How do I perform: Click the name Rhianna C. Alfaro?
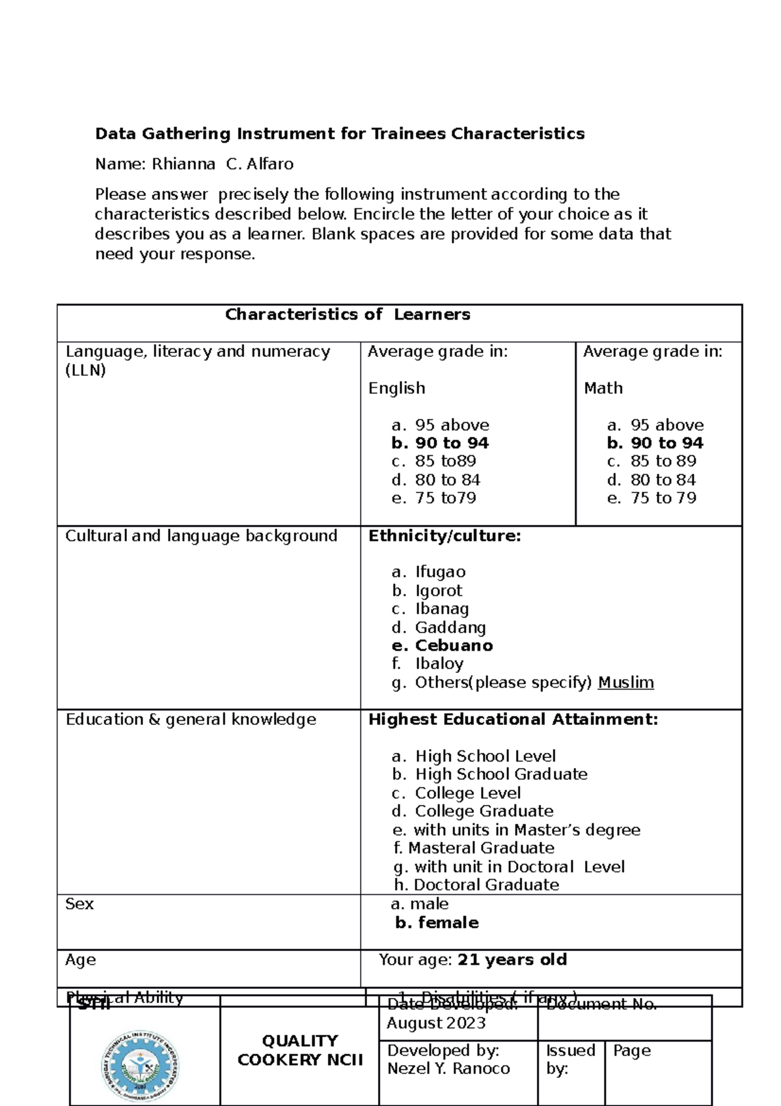click(222, 164)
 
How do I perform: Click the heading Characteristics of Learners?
click(348, 315)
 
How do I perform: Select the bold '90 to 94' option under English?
click(452, 444)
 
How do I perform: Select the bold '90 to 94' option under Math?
click(666, 444)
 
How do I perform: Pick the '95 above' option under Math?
click(666, 425)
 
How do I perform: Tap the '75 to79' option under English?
click(445, 498)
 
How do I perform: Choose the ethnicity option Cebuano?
click(454, 645)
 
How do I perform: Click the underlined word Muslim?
click(625, 683)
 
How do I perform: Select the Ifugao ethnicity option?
click(440, 572)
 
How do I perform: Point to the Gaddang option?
click(450, 627)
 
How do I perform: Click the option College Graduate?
click(484, 811)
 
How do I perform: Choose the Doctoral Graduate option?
click(486, 885)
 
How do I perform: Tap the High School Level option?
click(485, 756)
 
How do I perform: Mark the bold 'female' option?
click(448, 922)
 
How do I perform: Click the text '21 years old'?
click(512, 959)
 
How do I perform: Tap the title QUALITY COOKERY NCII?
click(300, 1050)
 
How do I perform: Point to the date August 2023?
click(436, 1023)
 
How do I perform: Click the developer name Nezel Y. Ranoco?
click(448, 1068)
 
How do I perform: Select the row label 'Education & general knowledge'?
click(191, 719)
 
